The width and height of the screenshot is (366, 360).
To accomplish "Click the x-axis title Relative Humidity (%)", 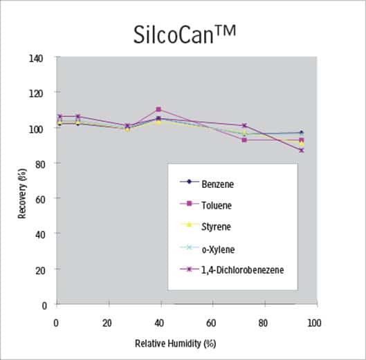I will click(x=185, y=343).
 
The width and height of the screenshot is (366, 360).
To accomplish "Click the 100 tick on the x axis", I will click(x=313, y=323).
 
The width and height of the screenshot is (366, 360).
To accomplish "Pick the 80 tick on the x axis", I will click(x=262, y=323).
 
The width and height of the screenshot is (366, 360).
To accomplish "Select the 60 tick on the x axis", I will click(x=211, y=323).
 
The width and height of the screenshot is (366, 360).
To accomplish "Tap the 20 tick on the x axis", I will click(x=108, y=323).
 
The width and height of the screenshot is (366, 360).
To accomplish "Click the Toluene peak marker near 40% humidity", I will click(x=158, y=109).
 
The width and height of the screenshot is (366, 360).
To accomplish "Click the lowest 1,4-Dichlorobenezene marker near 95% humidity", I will click(x=300, y=150).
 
